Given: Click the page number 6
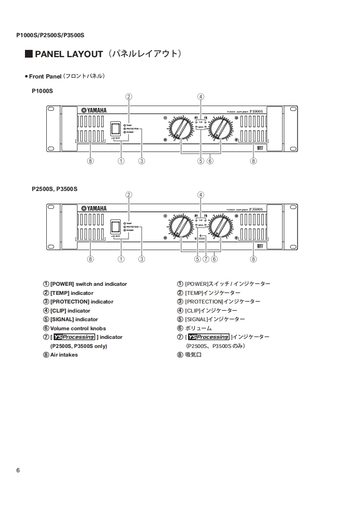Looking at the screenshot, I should coord(18,470).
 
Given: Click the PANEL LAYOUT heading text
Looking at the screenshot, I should coord(69,54).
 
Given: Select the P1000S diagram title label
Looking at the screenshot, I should coord(43,91).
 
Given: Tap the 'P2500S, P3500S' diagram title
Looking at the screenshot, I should coord(54,189).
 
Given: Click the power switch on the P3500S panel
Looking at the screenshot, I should coord(116,226).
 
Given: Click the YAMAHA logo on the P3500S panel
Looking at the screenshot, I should coord(94,209).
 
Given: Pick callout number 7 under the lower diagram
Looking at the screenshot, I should coord(206,259).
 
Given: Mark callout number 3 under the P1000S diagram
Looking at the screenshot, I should coord(142,161).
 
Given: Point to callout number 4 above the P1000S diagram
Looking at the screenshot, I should coord(201,96).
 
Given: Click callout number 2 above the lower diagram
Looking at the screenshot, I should coord(129,195).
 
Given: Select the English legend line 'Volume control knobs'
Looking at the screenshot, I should coord(78,328).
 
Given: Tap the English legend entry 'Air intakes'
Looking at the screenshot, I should coord(64,355).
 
